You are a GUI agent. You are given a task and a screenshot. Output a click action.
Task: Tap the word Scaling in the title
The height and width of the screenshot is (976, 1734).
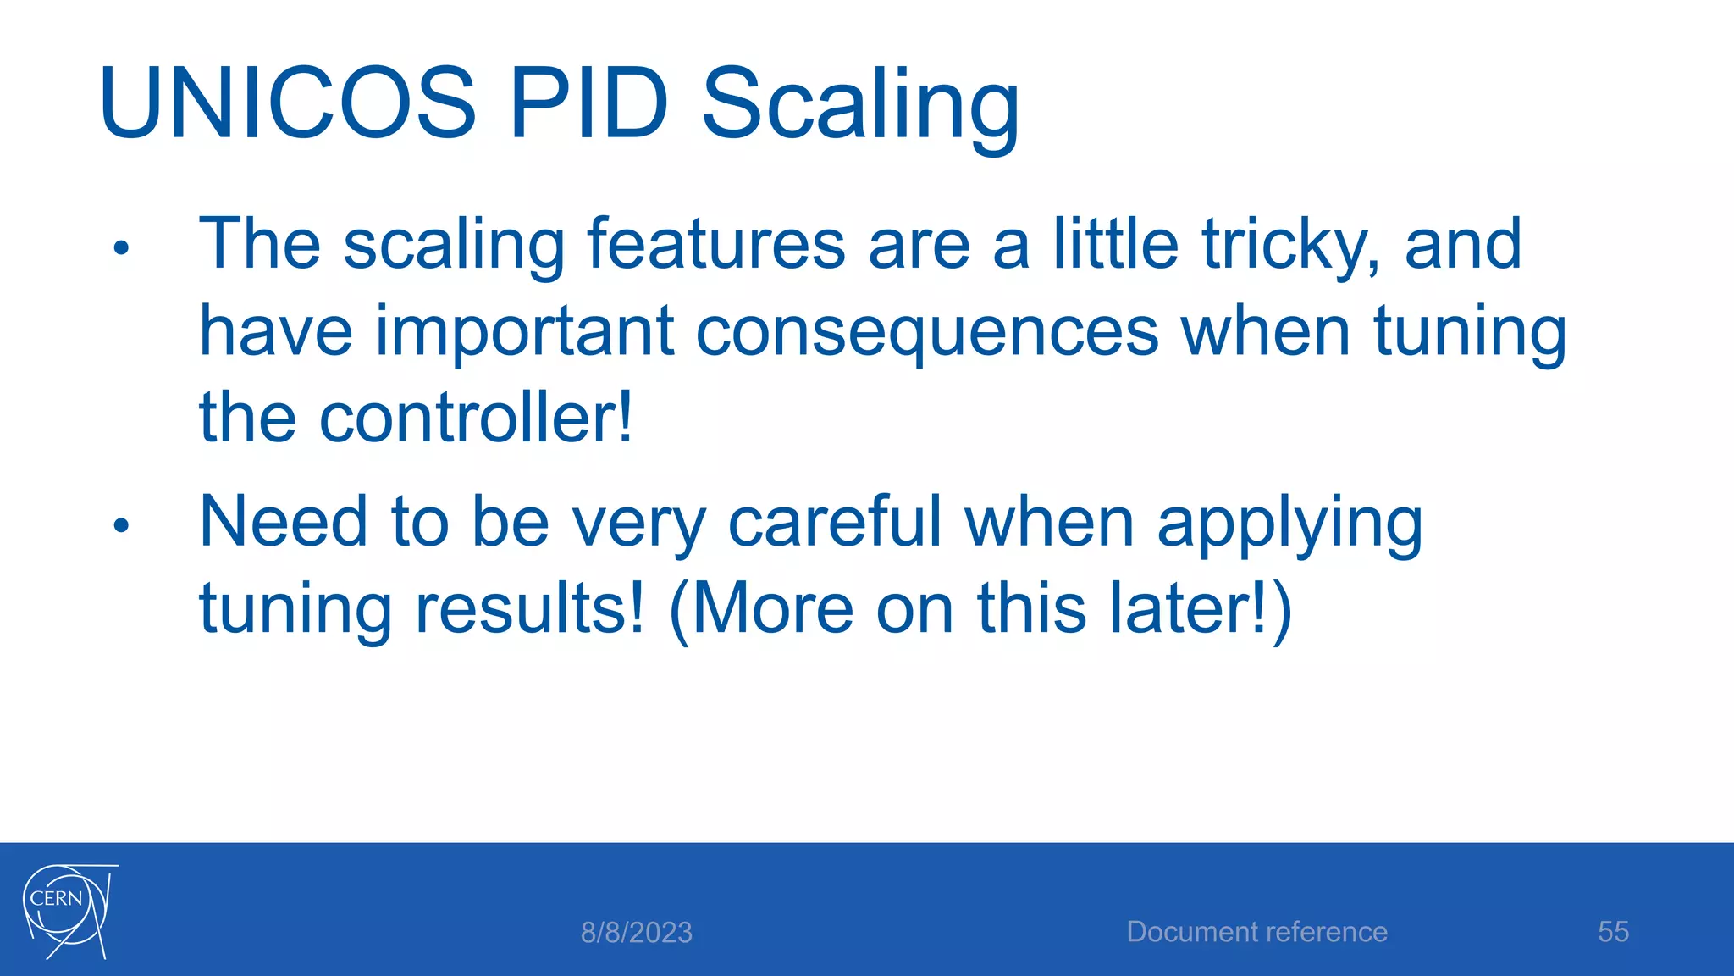[860, 106]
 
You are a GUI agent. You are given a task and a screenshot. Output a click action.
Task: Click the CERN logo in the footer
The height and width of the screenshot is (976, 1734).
[68, 911]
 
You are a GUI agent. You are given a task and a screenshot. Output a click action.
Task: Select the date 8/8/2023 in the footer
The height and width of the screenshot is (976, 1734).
[636, 933]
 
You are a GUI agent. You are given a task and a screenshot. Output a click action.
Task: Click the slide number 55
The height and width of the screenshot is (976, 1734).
[1613, 932]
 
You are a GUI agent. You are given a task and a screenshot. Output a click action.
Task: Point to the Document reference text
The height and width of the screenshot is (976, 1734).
[1256, 932]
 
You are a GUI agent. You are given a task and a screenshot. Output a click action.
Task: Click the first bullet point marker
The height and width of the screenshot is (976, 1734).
[121, 248]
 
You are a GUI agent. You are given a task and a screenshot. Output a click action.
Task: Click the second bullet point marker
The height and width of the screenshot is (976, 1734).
[121, 525]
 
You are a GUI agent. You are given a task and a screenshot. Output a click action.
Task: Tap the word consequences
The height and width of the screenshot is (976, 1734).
[927, 332]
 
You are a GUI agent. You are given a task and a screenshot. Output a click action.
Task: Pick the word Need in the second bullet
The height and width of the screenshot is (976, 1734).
[283, 522]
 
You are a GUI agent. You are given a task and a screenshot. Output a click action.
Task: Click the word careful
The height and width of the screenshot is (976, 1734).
[835, 522]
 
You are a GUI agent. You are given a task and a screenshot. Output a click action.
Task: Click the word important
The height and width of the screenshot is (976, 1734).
[524, 332]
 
